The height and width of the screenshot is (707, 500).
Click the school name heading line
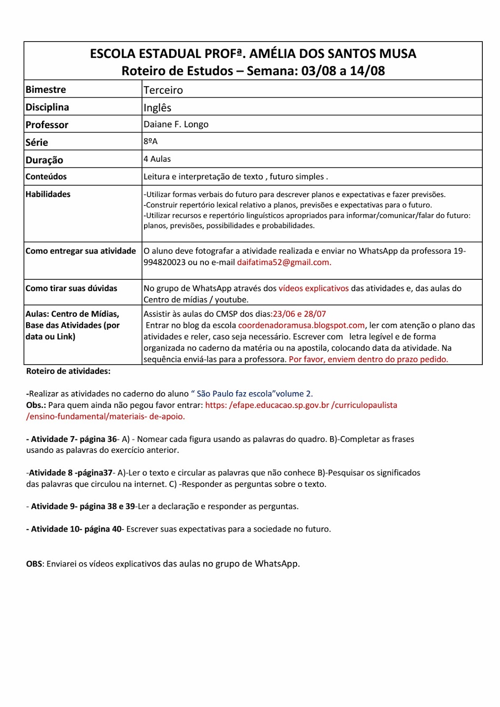pos(253,54)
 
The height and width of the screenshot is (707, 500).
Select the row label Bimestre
pos(46,90)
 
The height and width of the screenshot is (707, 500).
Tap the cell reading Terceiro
pos(163,90)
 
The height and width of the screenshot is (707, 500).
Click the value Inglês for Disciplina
pos(157,108)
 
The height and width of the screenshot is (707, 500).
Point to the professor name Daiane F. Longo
pos(176,125)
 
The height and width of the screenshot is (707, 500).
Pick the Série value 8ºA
pos(150,141)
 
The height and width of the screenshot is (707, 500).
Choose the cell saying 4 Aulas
pos(157,159)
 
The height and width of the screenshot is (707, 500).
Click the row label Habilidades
pos(48,194)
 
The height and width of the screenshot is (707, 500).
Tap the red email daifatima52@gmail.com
pos(284,262)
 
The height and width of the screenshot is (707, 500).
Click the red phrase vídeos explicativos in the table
pos(313,289)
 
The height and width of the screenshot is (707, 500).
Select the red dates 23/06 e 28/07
pos(299,314)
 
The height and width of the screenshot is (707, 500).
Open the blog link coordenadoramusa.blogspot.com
pos(302,326)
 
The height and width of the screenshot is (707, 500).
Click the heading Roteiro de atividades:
pos(69,372)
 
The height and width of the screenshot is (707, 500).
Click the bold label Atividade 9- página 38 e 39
pos(83,506)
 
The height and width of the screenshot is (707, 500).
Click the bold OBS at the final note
pos(34,564)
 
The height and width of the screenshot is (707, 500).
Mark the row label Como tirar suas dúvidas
pos(71,289)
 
